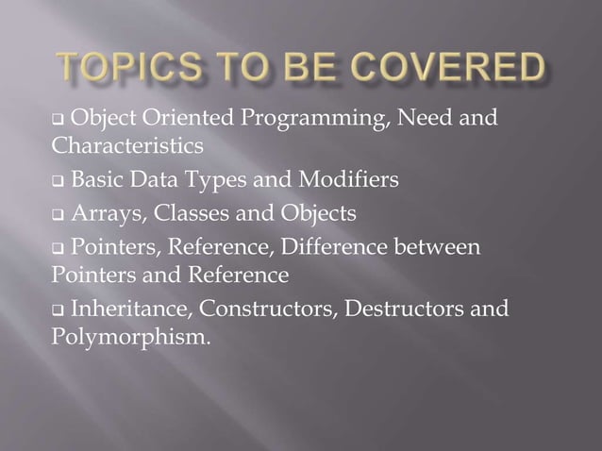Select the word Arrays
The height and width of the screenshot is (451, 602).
point(107,214)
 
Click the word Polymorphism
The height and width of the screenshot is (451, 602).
point(129,337)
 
